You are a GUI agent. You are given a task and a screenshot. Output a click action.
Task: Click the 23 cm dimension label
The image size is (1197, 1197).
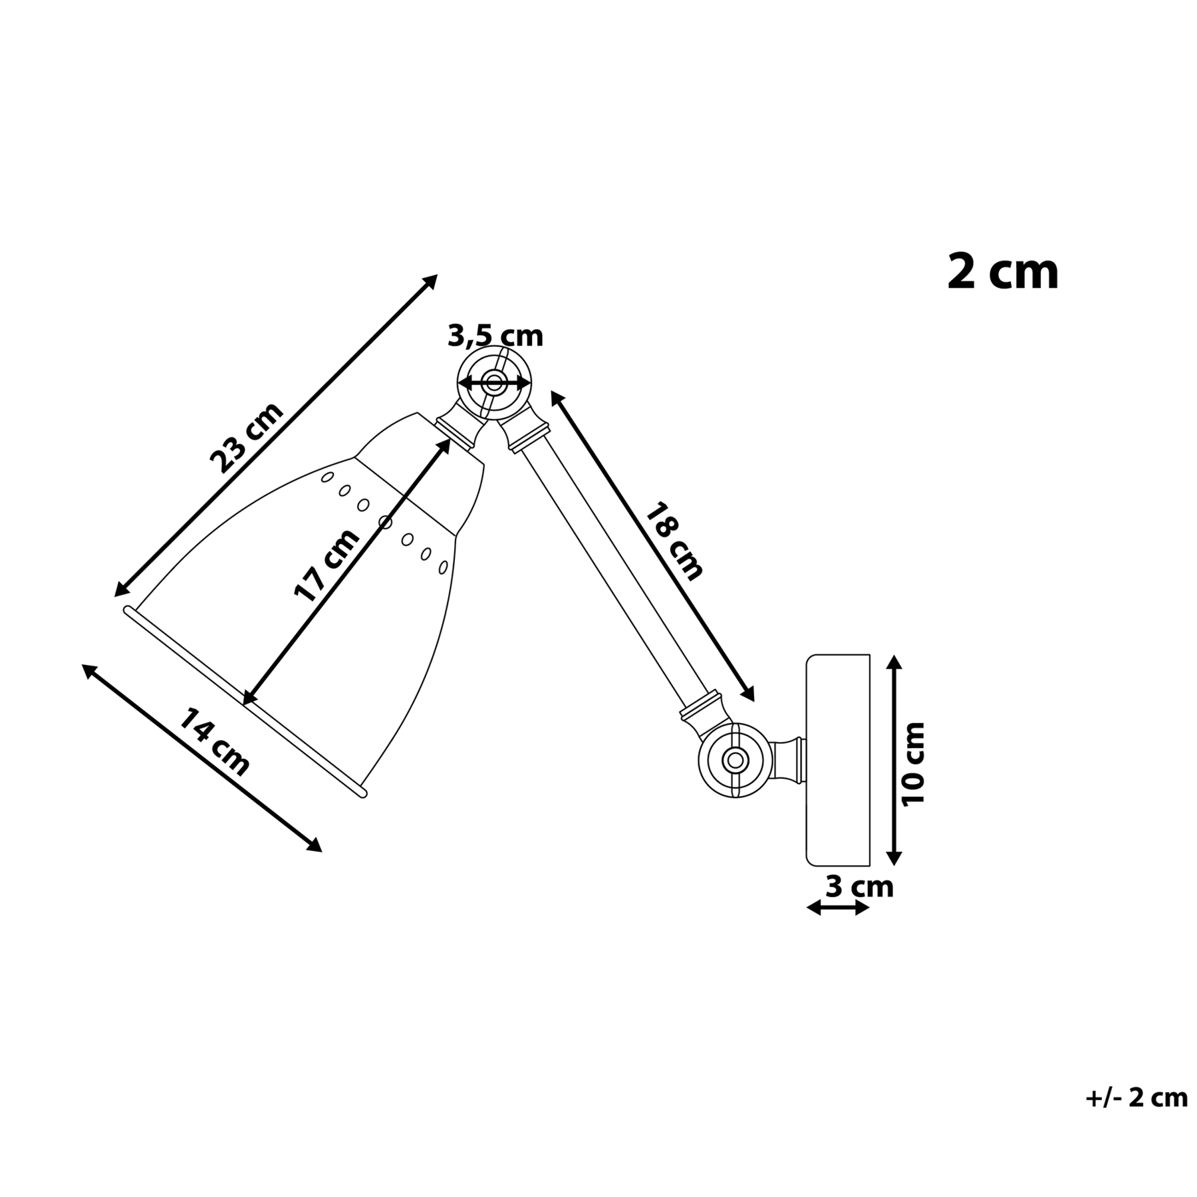[247, 438]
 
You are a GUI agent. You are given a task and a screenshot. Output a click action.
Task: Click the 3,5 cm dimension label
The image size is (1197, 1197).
[495, 336]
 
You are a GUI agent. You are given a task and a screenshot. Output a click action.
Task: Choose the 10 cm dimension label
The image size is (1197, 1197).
[913, 763]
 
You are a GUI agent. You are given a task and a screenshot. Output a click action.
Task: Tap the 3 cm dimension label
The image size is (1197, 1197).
[859, 887]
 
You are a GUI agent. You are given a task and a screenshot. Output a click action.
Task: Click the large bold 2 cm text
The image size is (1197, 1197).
[1003, 272]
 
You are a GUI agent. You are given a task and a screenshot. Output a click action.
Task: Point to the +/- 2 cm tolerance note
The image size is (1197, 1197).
[1136, 1097]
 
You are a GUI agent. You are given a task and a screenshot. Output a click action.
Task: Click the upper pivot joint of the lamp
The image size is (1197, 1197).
[494, 383]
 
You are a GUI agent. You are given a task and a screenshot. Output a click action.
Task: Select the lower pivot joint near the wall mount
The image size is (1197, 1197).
[735, 759]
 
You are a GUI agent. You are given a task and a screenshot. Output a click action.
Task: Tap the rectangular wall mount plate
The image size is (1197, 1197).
[838, 760]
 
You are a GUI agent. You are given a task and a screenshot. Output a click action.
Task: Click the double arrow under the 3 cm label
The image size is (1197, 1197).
[838, 908]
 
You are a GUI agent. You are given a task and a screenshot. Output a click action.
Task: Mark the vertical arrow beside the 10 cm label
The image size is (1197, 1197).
[894, 760]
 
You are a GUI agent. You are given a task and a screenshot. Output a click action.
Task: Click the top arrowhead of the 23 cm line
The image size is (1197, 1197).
[431, 281]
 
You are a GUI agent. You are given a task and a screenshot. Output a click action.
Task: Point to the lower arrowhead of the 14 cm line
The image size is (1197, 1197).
[313, 845]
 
